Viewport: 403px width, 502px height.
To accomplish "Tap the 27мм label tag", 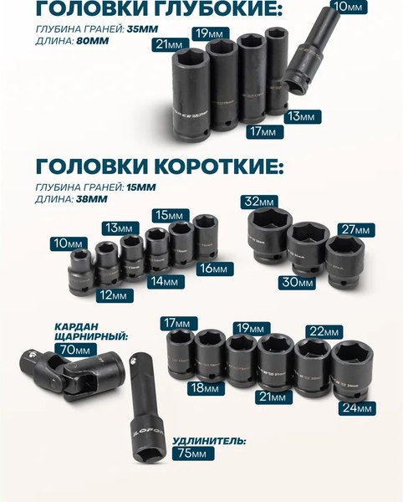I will pyautogui.click(x=355, y=229).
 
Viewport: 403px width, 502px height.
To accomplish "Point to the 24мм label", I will pyautogui.click(x=356, y=408).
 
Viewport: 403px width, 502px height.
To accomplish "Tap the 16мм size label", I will pyautogui.click(x=214, y=269).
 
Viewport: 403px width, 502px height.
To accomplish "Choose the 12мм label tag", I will pyautogui.click(x=111, y=295).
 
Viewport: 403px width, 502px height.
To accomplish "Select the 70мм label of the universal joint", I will pyautogui.click(x=73, y=349).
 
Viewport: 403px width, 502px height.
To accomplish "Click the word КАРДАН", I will pyautogui.click(x=78, y=325).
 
